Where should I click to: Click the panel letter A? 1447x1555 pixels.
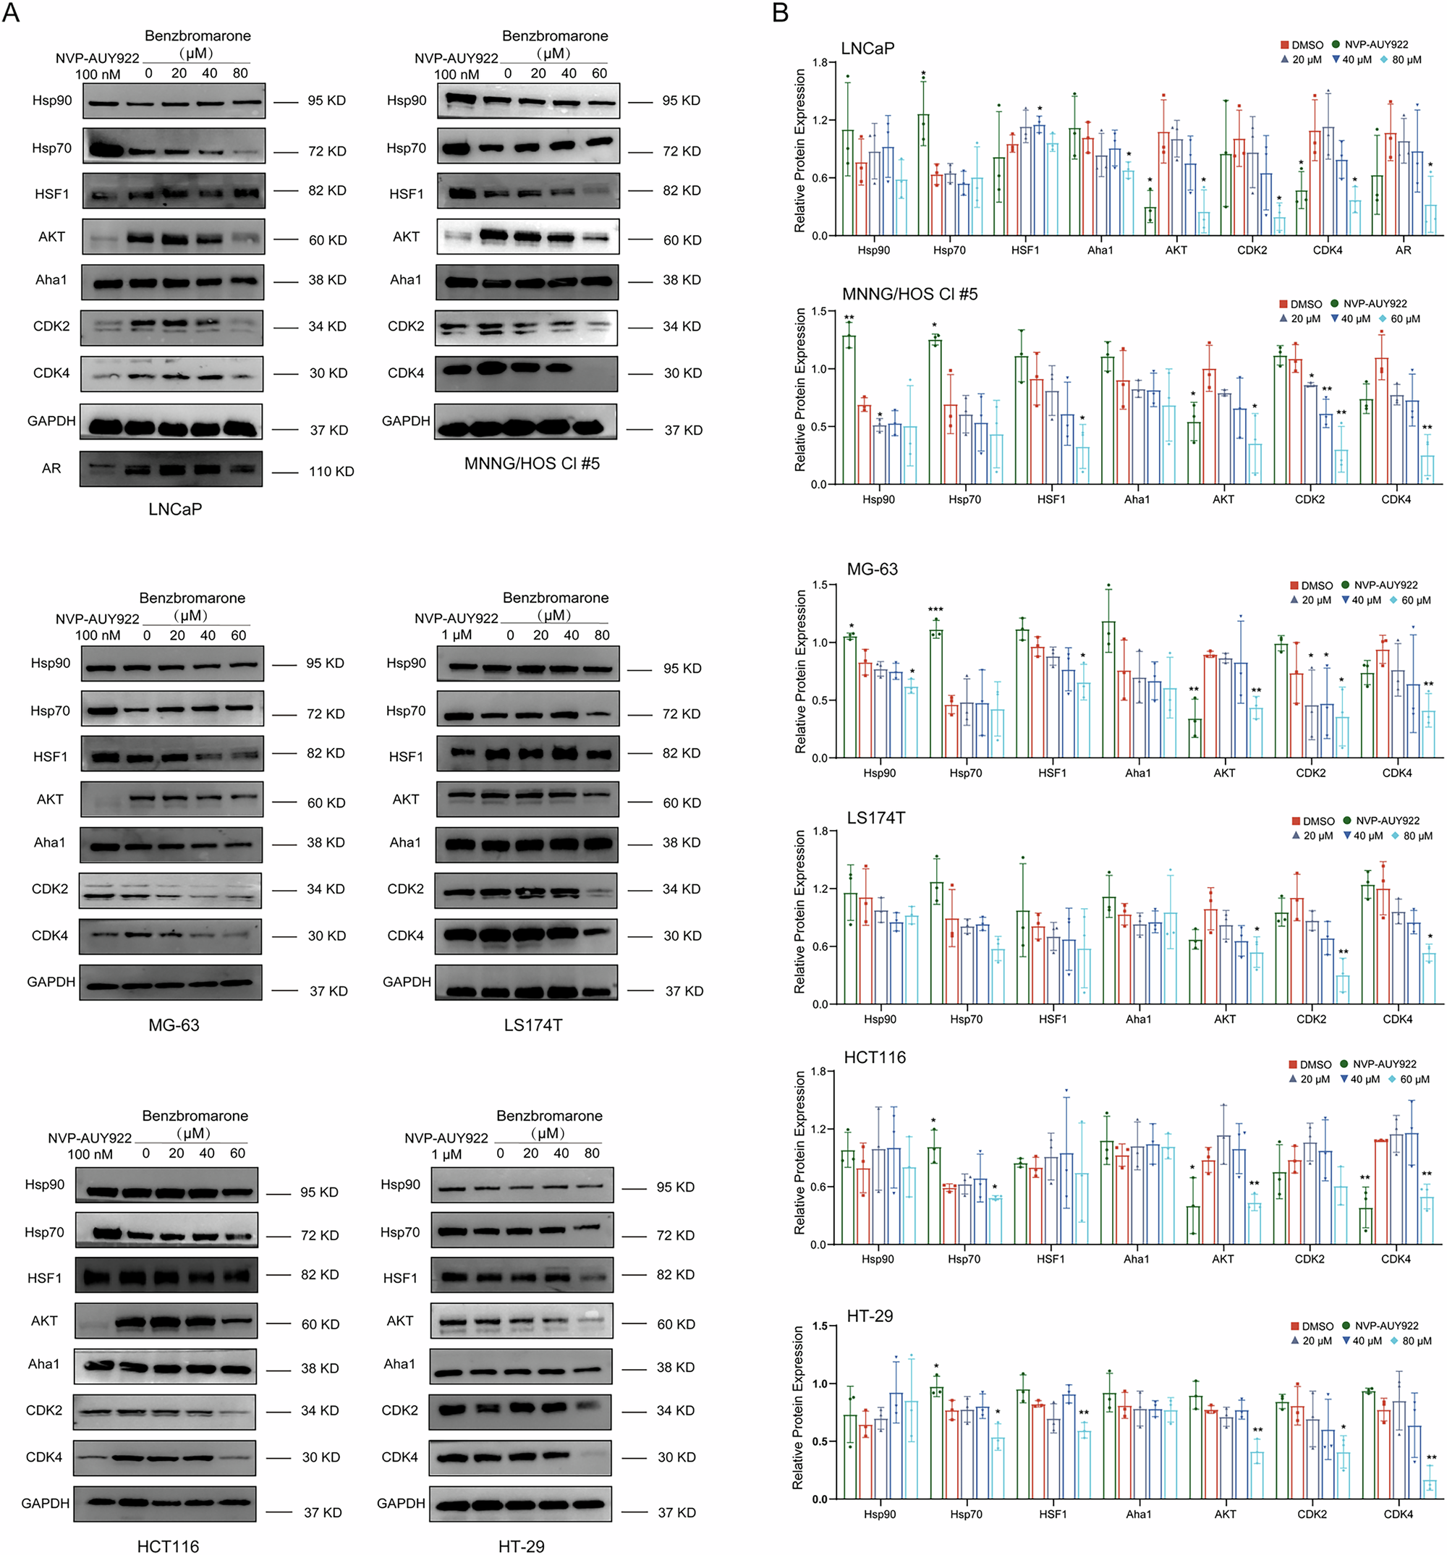click(10, 13)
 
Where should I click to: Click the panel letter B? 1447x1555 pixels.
click(780, 13)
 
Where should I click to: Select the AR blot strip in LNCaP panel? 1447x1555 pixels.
click(171, 469)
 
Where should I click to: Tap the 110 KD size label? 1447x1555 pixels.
click(331, 472)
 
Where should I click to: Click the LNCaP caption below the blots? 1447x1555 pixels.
click(175, 509)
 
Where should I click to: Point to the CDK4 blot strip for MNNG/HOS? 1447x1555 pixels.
click(527, 373)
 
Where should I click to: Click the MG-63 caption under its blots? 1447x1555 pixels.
click(174, 1025)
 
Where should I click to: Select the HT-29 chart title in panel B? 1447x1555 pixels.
click(869, 1315)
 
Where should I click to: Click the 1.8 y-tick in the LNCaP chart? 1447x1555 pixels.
click(820, 62)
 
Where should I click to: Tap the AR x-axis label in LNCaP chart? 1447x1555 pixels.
click(1403, 250)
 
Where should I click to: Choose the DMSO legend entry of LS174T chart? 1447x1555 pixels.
click(1313, 821)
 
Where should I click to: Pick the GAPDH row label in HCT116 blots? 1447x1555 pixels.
click(46, 1504)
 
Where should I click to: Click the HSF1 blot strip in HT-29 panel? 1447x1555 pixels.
click(522, 1277)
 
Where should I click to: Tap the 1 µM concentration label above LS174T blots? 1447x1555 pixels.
click(457, 635)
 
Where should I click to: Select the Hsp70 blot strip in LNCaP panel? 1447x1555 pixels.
click(173, 146)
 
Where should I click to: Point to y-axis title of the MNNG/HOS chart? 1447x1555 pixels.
click(799, 389)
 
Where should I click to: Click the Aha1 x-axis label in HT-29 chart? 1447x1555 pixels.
click(1139, 1514)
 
